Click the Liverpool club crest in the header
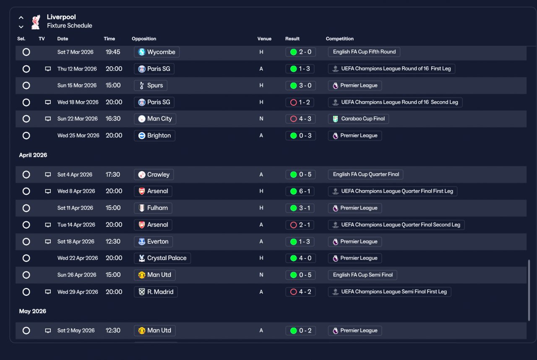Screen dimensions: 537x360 [x=36, y=22]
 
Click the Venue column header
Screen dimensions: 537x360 [x=264, y=39]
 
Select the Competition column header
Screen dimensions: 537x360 [x=339, y=39]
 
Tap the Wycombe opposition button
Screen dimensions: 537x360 [x=156, y=52]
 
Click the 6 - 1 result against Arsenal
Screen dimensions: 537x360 [x=300, y=191]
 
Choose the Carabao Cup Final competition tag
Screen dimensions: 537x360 [x=358, y=119]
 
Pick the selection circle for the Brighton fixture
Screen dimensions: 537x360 [x=26, y=136]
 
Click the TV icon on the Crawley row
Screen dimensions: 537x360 [x=48, y=175]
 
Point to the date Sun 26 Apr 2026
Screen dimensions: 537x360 [x=77, y=275]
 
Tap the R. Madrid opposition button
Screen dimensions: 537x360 [x=156, y=292]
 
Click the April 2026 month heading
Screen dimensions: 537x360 [x=33, y=155]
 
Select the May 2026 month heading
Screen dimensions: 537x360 [x=33, y=311]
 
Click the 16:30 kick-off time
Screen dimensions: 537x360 [x=113, y=119]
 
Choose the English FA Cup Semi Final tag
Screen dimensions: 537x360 [x=362, y=275]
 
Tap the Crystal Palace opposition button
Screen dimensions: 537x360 [x=162, y=258]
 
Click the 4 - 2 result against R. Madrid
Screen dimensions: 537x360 [x=300, y=292]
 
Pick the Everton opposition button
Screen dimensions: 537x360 [x=154, y=242]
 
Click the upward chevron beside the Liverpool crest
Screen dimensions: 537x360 [x=21, y=18]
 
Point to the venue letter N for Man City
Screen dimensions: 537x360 [x=261, y=119]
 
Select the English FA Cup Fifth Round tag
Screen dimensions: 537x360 [x=364, y=52]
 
